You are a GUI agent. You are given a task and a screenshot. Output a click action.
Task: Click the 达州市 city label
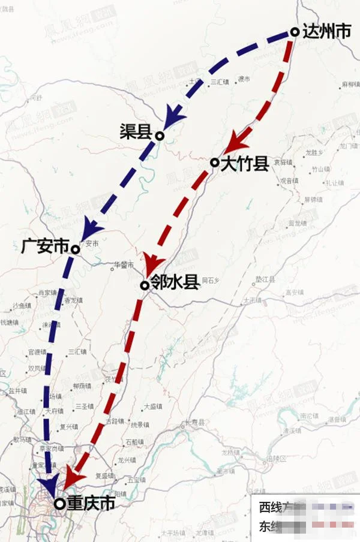tap(327, 32)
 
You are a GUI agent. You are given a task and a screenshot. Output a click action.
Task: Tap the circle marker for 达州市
tap(295, 32)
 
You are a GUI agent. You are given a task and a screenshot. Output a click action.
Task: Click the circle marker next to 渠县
tap(160, 136)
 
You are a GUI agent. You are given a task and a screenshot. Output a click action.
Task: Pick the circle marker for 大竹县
tap(214, 162)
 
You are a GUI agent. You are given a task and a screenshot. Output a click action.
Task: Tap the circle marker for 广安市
tap(76, 249)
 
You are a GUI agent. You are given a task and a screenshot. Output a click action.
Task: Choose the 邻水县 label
tap(174, 282)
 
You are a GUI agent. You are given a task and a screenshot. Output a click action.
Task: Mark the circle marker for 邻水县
tap(145, 285)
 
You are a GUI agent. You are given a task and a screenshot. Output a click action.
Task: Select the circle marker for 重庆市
tap(59, 504)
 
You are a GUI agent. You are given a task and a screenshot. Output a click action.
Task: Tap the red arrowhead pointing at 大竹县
tap(237, 141)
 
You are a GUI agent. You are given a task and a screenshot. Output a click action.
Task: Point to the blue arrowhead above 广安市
tap(90, 227)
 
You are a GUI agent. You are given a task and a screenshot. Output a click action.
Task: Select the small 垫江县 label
tap(265, 280)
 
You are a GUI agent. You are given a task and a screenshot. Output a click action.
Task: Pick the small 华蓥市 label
tap(124, 264)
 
